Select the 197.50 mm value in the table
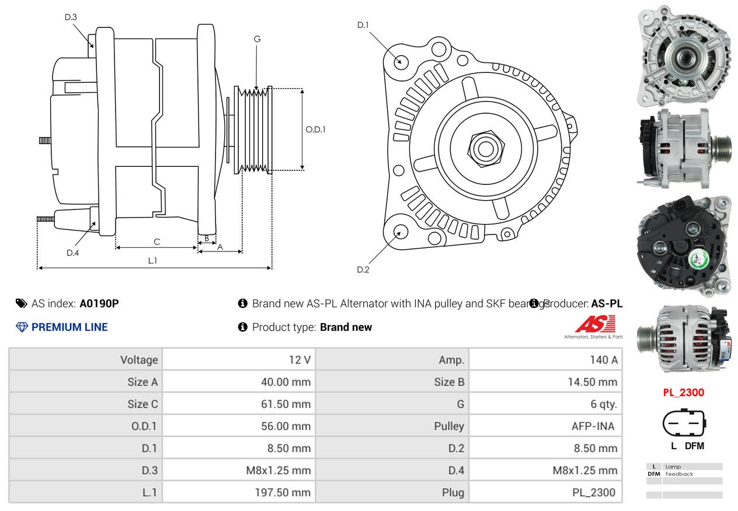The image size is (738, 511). [x=283, y=492]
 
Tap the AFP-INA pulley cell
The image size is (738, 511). [x=593, y=426]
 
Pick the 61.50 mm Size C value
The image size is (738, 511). [x=286, y=404]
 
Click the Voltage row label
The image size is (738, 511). [x=139, y=360]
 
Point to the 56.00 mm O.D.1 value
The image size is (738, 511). [x=286, y=426]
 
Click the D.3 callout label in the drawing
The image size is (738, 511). [x=71, y=17]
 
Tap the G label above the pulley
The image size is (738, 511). [x=257, y=39]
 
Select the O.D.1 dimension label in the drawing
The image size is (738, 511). [x=315, y=129]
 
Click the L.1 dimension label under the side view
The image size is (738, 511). [x=152, y=261]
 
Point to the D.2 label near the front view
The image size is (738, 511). [x=363, y=269]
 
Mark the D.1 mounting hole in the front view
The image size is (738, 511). [x=401, y=61]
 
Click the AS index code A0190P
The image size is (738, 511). [x=99, y=303]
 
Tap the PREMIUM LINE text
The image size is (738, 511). [x=69, y=327]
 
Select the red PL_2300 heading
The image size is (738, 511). [x=683, y=393]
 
